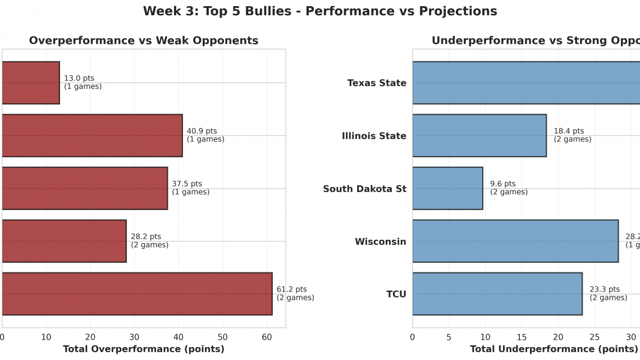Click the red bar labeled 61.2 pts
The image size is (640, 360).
click(136, 294)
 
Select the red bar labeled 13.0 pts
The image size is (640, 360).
click(31, 83)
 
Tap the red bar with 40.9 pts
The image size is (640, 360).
click(92, 135)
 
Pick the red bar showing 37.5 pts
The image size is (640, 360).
click(84, 188)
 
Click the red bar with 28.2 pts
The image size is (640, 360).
click(63, 241)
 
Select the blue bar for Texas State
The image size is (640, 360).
click(525, 83)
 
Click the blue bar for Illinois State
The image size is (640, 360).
click(479, 135)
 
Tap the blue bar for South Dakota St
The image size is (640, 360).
click(447, 188)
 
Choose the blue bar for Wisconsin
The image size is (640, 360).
click(515, 241)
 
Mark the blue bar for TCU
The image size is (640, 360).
click(497, 294)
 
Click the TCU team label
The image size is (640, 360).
click(396, 294)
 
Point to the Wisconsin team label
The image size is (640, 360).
click(380, 241)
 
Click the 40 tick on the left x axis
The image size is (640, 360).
click(178, 337)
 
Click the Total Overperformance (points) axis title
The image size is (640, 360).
click(144, 349)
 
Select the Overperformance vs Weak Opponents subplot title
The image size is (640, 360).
click(144, 40)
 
